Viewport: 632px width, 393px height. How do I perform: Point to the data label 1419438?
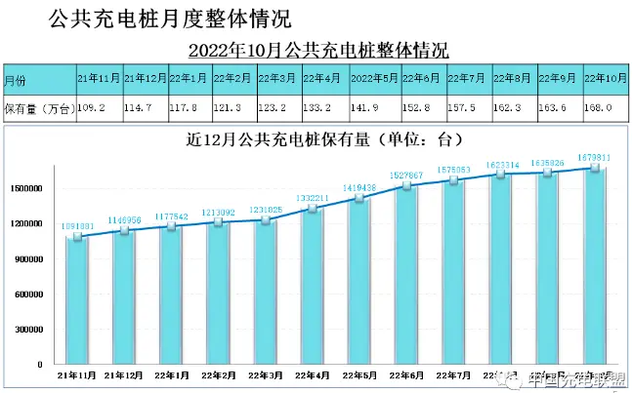[x=360, y=186]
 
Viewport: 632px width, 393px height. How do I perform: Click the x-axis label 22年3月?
[x=265, y=375]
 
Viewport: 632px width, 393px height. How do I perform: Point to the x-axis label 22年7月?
[x=454, y=375]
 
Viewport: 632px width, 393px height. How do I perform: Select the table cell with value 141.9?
[x=371, y=107]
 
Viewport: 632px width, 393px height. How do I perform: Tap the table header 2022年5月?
[x=371, y=78]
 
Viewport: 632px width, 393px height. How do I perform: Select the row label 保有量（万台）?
[x=36, y=107]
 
